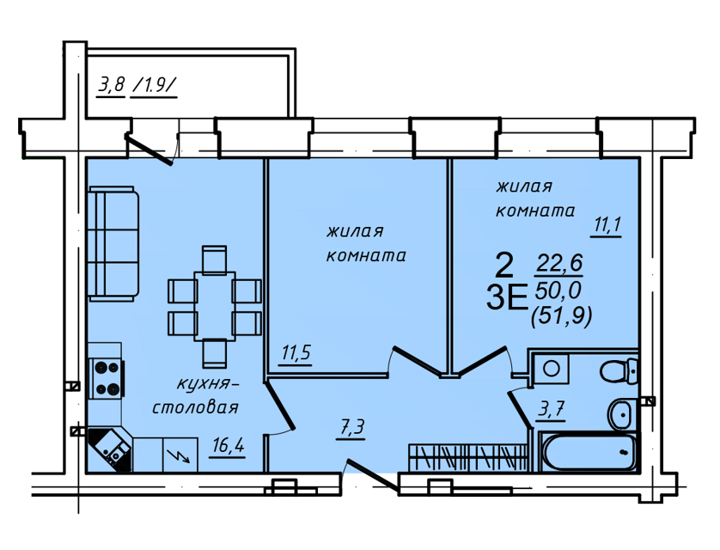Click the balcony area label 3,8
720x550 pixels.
(111, 85)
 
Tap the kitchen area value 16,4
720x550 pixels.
(229, 445)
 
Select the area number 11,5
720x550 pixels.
(296, 352)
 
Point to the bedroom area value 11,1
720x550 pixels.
(607, 224)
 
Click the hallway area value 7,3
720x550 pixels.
(351, 427)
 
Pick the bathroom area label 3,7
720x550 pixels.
(552, 408)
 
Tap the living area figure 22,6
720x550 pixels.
(559, 264)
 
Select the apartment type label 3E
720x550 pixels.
(506, 298)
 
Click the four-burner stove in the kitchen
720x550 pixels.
(107, 379)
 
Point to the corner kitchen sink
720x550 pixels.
(110, 449)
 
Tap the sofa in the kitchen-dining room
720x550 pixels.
(113, 244)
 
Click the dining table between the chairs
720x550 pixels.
(215, 306)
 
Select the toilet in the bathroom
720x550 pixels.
(619, 371)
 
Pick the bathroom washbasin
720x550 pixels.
(623, 414)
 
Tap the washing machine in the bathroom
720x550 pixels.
(551, 369)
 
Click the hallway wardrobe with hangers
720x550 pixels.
(468, 457)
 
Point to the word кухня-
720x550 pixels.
(208, 383)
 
